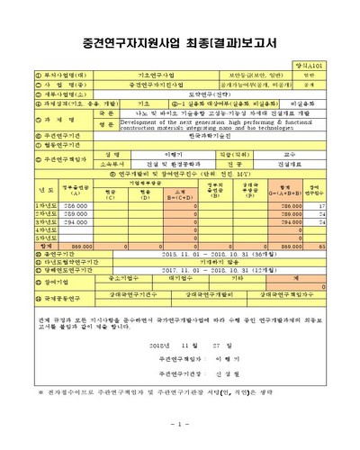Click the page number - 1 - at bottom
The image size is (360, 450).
click(x=179, y=424)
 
